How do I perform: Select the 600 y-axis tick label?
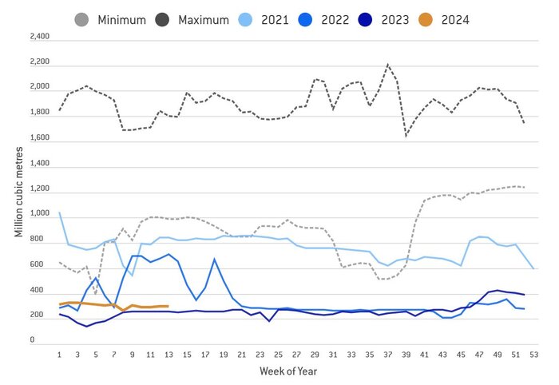[42, 264]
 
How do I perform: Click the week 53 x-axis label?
[533, 354]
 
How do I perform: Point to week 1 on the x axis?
[60, 354]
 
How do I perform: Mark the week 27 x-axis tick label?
[296, 354]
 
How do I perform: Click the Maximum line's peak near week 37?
[387, 65]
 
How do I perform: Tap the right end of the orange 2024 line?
[168, 306]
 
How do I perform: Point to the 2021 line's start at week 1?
[60, 212]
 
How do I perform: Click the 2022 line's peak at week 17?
[214, 259]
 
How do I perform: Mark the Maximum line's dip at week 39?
[406, 136]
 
